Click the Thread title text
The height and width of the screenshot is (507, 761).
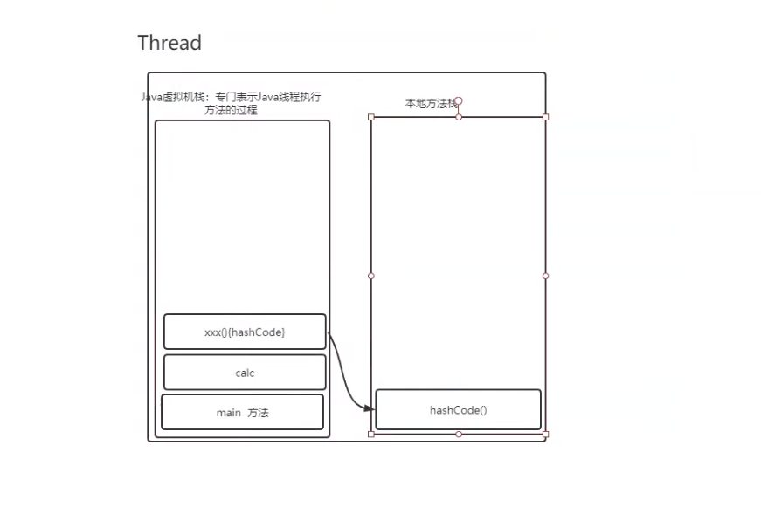click(x=169, y=43)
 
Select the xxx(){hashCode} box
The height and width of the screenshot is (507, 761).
click(x=245, y=332)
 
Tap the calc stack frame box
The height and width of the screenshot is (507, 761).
click(x=245, y=372)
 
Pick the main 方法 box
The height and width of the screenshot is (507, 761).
click(x=242, y=412)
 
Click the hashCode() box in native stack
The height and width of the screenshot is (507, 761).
click(x=458, y=409)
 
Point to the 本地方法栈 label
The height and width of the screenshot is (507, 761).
click(x=430, y=103)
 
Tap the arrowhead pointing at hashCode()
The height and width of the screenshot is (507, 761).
click(x=370, y=408)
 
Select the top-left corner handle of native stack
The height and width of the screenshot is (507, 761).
click(x=371, y=117)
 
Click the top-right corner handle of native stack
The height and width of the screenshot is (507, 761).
click(x=546, y=117)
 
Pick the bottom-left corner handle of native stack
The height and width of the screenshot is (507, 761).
click(x=371, y=434)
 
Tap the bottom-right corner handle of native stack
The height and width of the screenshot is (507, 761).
click(x=546, y=434)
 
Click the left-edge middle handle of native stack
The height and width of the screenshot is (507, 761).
click(x=371, y=276)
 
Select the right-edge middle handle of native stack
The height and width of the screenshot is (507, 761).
click(x=546, y=276)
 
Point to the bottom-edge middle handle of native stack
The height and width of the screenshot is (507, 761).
click(x=459, y=434)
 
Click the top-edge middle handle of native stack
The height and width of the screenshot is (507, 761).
click(x=459, y=117)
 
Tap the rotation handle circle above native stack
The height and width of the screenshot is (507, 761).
click(x=459, y=101)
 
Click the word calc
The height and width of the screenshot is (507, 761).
click(x=245, y=373)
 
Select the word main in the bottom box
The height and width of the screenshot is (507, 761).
click(x=228, y=413)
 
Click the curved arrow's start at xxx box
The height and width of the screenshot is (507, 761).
click(x=328, y=332)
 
